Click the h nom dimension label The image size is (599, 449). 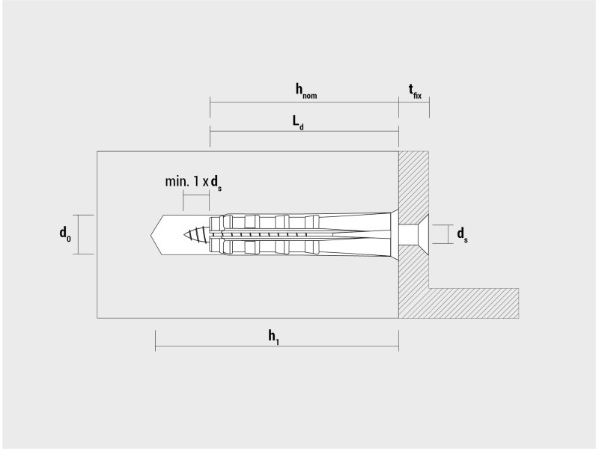tap(306, 91)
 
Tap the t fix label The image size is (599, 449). tap(415, 91)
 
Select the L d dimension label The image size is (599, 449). tap(298, 123)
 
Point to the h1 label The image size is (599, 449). tap(273, 337)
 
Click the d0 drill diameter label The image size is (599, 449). tap(65, 234)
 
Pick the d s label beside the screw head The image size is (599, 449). tap(462, 235)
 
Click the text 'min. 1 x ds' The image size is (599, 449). tap(193, 183)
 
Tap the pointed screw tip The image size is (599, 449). tap(183, 234)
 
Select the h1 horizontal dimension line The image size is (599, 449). tap(277, 346)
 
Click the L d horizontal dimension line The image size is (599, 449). tap(304, 132)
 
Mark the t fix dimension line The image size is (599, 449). tap(414, 103)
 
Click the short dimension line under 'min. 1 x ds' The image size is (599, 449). tap(196, 195)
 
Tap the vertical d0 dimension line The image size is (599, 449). tap(79, 234)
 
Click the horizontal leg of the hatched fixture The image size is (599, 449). tap(474, 304)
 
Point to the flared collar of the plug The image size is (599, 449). tap(395, 234)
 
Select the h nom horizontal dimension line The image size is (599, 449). tap(304, 103)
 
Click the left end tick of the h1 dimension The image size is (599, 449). tap(155, 340)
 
